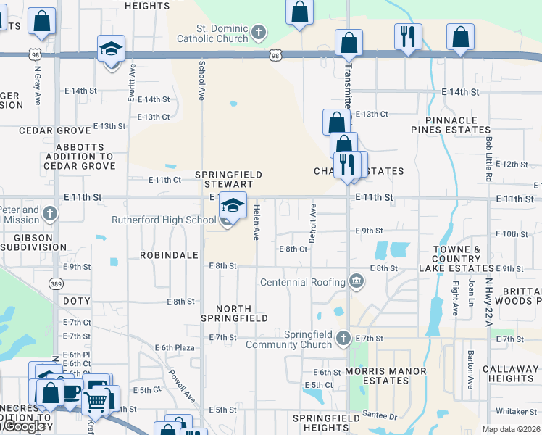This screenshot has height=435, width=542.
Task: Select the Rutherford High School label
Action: (164, 220)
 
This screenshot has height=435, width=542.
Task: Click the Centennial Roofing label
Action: (303, 282)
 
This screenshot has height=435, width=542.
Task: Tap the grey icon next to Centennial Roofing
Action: (357, 281)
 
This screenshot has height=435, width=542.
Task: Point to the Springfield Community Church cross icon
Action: (344, 337)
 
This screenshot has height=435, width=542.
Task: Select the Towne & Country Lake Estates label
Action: (456, 259)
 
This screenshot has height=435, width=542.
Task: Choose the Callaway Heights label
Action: (511, 373)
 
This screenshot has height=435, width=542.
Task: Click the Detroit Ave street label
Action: (313, 223)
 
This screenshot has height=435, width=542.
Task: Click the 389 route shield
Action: (54, 282)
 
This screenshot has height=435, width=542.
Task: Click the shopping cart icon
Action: (96, 402)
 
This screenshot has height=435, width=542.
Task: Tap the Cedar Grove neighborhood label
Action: (49, 130)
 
